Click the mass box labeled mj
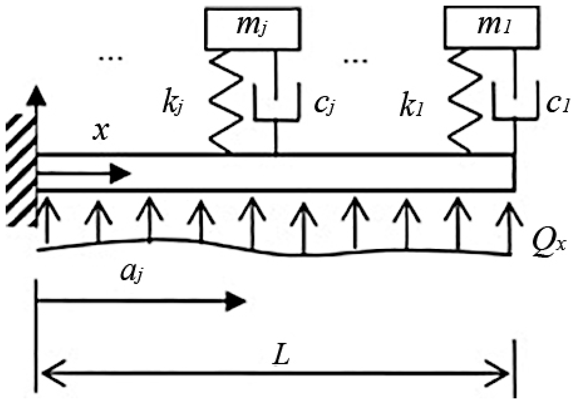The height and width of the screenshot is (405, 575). coord(253,28)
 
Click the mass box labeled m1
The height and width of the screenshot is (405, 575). coord(492,27)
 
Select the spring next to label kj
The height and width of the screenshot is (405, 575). coord(226,102)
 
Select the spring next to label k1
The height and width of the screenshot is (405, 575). coord(465,102)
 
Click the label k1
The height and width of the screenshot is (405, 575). coord(411,106)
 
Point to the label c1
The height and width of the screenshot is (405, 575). coord(557,104)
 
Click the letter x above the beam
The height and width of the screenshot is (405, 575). coord(101,132)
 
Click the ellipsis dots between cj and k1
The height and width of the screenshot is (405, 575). coord(355,61)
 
